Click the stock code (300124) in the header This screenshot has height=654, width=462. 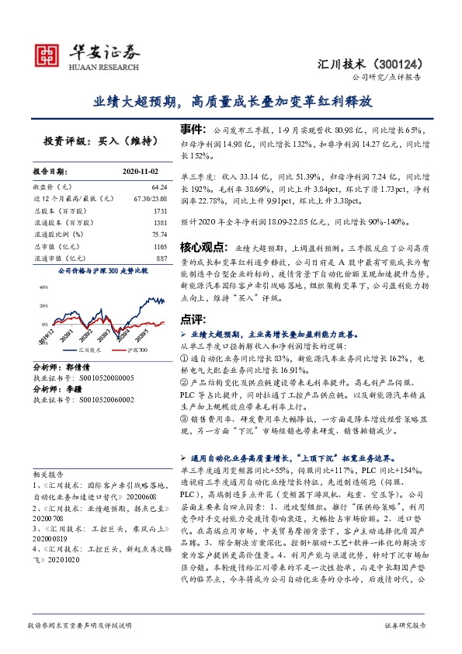[x=406, y=64]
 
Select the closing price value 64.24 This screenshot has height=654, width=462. [x=159, y=187]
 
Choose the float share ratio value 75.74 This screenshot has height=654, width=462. [x=160, y=234]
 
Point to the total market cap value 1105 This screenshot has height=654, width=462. [x=160, y=245]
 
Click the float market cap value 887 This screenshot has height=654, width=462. [x=162, y=257]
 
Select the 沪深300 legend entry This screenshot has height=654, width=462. [x=137, y=351]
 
